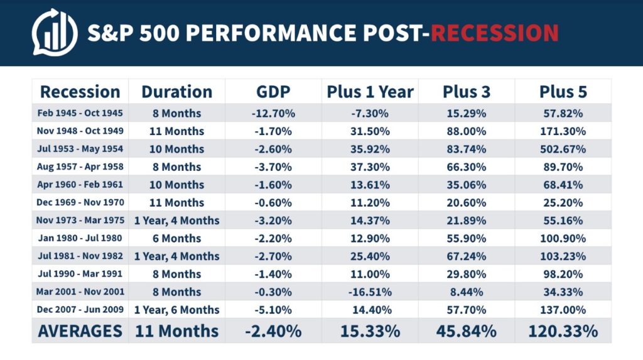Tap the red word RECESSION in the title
coord(495,32)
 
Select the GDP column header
coord(273,92)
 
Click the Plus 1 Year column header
coord(370,92)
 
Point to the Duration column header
coord(176,92)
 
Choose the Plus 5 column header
coord(563,92)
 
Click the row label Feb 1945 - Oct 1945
coord(80,114)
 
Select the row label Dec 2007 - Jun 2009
coord(80,310)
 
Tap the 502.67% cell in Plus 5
coord(563,150)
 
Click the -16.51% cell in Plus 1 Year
coord(370,292)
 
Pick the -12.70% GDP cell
coord(273,114)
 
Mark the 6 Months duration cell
coord(176,239)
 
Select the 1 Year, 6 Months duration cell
coord(176,310)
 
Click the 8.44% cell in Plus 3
coord(467,292)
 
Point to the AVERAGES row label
coord(80,331)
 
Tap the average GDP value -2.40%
coord(273,331)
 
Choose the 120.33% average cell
coord(563,331)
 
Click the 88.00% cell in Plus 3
coord(467,131)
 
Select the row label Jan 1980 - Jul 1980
coord(80,239)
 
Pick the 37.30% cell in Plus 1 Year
coord(370,167)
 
